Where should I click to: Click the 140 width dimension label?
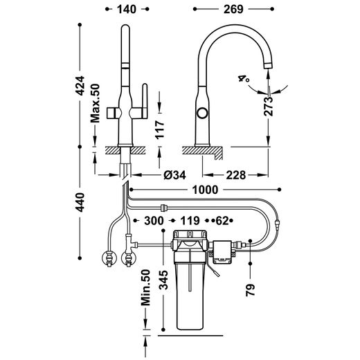coord(127,9)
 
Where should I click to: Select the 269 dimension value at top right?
coord(233,9)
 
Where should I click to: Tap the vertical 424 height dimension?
coord(80,85)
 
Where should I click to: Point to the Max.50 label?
coord(95,103)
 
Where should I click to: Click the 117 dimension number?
coord(160,129)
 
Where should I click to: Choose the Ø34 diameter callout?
coord(174,175)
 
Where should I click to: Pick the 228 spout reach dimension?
coord(235,175)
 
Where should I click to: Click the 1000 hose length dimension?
coord(205,190)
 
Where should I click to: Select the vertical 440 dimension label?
coord(80,202)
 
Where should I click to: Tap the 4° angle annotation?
coord(244,78)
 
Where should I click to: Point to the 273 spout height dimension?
coord(269,107)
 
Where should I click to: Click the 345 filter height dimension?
coord(164,280)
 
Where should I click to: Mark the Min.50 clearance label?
coord(146,287)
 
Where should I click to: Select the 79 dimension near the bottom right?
coord(251,290)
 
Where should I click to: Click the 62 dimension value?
coord(222,221)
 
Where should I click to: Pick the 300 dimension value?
coord(154,221)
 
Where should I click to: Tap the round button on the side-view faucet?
coord(202,114)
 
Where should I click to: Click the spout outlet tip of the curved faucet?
coord(268,66)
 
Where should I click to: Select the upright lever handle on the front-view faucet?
coord(145,101)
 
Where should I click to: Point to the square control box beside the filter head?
coord(222,252)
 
